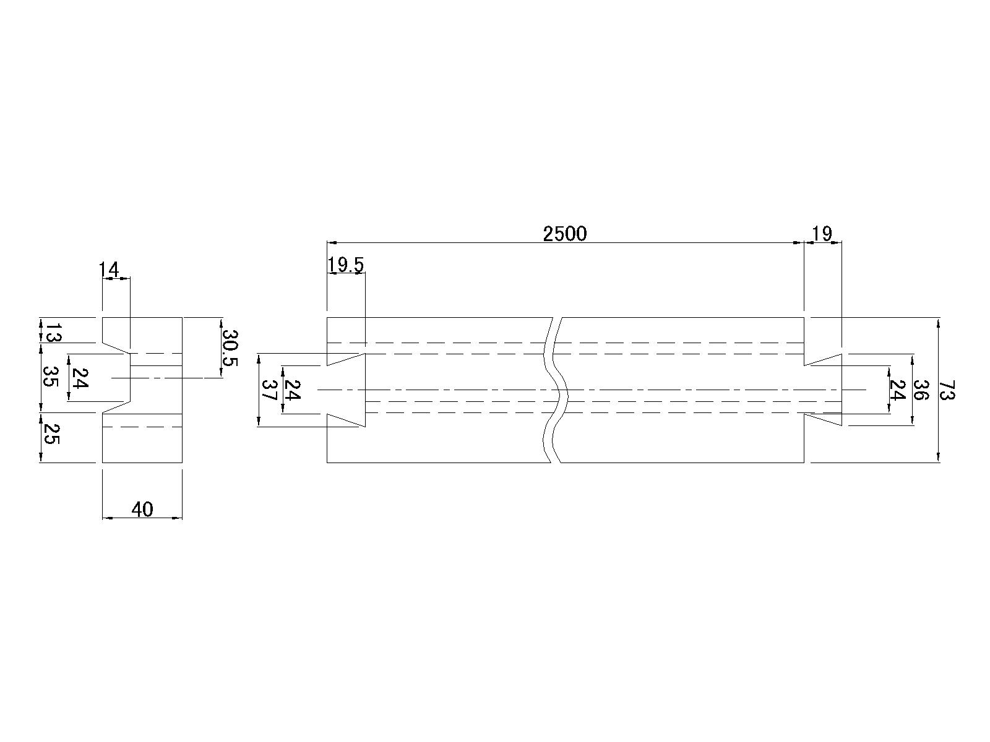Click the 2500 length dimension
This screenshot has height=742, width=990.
pos(565,234)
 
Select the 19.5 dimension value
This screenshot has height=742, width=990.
pos(345,265)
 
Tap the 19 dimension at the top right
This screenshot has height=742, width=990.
pos(822,234)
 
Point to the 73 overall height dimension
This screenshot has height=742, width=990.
pos(947,390)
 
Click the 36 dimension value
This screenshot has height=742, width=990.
pos(921,390)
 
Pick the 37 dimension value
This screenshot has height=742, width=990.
pos(269,390)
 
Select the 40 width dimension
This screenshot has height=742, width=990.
pos(142,510)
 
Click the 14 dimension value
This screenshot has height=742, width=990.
pos(109,270)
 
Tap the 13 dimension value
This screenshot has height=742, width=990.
pos(53,332)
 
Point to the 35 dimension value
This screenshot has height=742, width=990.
pos(49,376)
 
